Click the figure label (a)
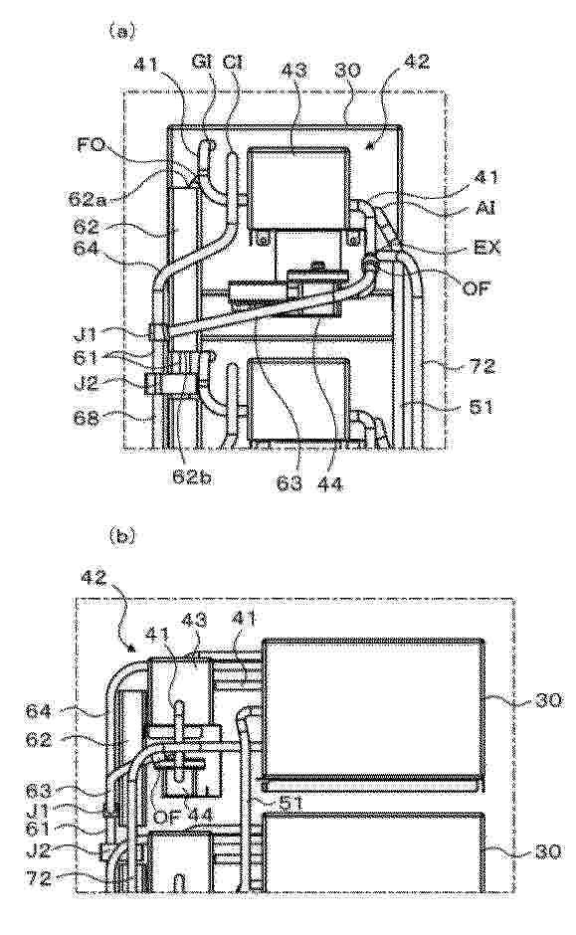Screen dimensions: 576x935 point(121,31)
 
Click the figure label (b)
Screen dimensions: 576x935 point(122,536)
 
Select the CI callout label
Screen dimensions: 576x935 point(232,63)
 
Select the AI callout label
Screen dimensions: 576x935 point(483,207)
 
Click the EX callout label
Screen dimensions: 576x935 point(485,247)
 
